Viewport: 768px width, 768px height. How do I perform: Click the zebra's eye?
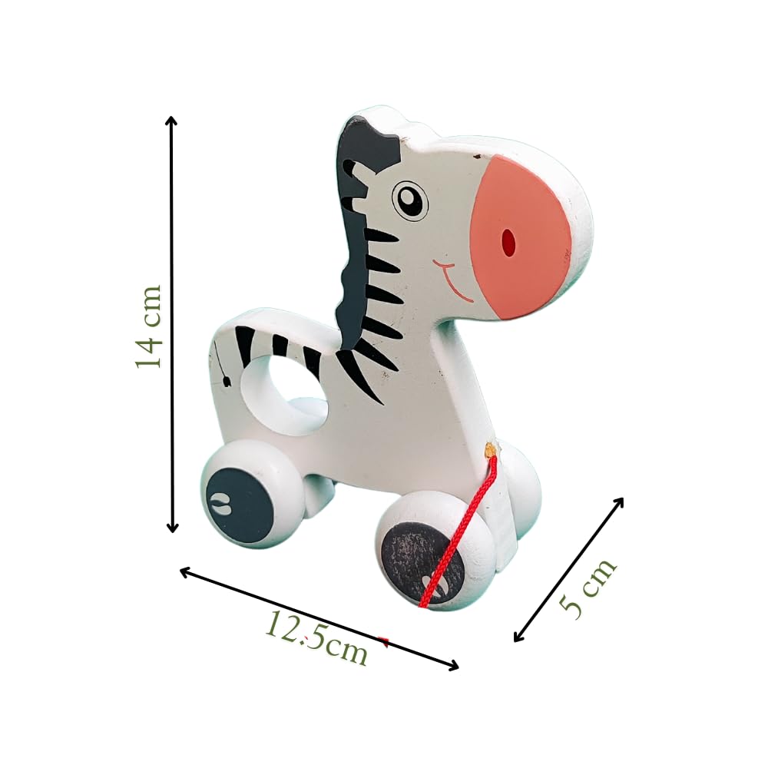click(410, 200)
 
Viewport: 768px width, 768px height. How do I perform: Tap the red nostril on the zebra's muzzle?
click(509, 242)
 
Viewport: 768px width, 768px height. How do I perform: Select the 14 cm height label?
click(148, 326)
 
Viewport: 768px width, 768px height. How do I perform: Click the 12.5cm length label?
click(316, 638)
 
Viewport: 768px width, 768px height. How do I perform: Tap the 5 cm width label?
click(588, 588)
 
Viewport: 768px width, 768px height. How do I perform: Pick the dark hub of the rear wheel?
click(240, 505)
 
